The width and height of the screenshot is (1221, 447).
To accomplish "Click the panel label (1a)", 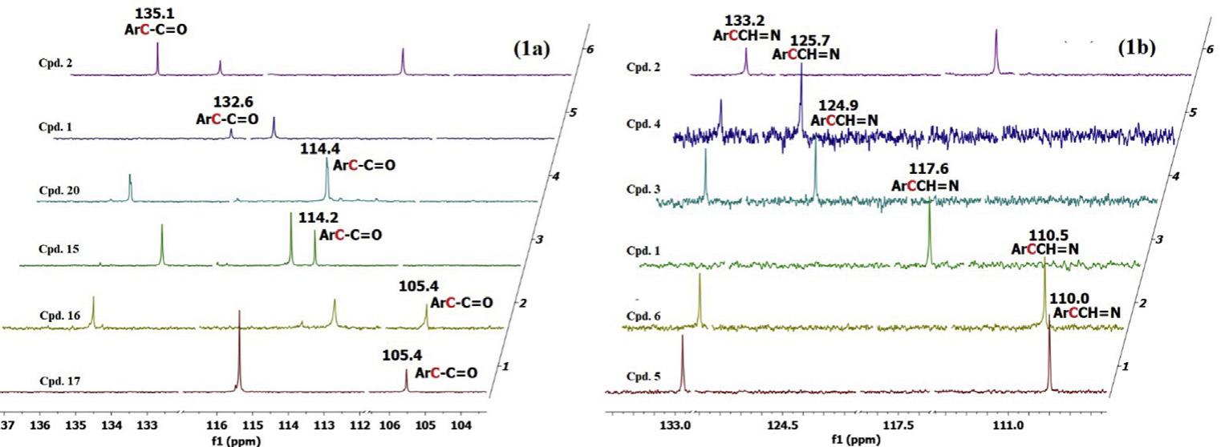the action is tap(531, 48).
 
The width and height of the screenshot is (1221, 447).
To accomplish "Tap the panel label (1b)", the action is tap(1137, 47).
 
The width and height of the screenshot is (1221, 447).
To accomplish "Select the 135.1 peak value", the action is tap(156, 13).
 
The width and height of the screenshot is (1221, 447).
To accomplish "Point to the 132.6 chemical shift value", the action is tap(234, 103).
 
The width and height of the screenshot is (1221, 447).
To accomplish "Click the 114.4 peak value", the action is tap(319, 149).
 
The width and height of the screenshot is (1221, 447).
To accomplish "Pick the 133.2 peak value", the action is tap(744, 20).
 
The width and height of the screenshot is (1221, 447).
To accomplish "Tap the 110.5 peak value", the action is tap(1049, 236).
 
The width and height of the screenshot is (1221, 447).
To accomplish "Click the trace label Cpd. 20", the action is tap(59, 191).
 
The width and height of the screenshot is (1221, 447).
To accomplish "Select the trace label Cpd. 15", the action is tap(59, 249).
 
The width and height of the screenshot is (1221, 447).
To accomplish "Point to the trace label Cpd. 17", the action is tap(60, 381).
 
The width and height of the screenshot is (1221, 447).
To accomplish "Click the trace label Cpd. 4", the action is tap(643, 123).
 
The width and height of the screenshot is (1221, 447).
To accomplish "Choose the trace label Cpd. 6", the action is tap(643, 316).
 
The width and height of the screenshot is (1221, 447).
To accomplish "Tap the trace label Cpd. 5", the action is tap(643, 377).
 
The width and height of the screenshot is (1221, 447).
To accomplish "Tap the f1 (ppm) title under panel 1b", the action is tap(856, 440).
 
